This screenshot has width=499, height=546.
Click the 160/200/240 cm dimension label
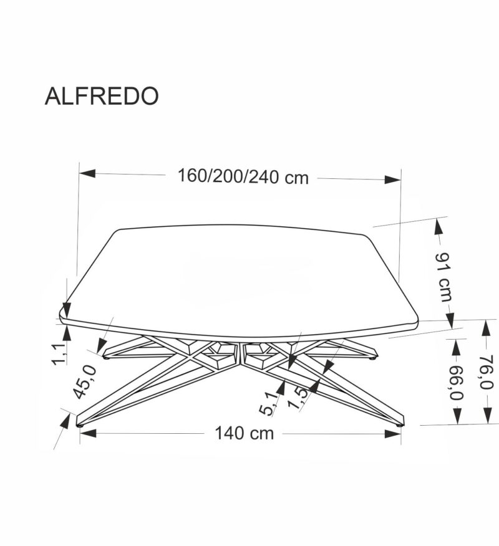[x=243, y=177]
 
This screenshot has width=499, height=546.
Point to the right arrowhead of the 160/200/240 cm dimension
[x=392, y=180]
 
